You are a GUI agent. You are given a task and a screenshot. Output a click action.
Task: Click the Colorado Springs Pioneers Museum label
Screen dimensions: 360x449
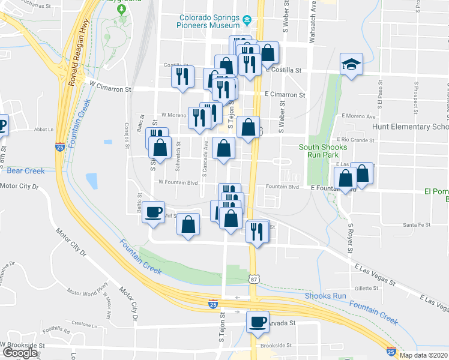(x=208, y=22)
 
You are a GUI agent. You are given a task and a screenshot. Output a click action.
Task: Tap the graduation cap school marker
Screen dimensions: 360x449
(x=351, y=63)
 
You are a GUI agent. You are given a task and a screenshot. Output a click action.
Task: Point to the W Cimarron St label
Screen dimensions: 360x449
(x=110, y=89)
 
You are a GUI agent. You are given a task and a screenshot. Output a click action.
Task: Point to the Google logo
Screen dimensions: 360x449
(x=20, y=353)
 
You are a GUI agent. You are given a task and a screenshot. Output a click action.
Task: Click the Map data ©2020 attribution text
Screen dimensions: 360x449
(x=424, y=355)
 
